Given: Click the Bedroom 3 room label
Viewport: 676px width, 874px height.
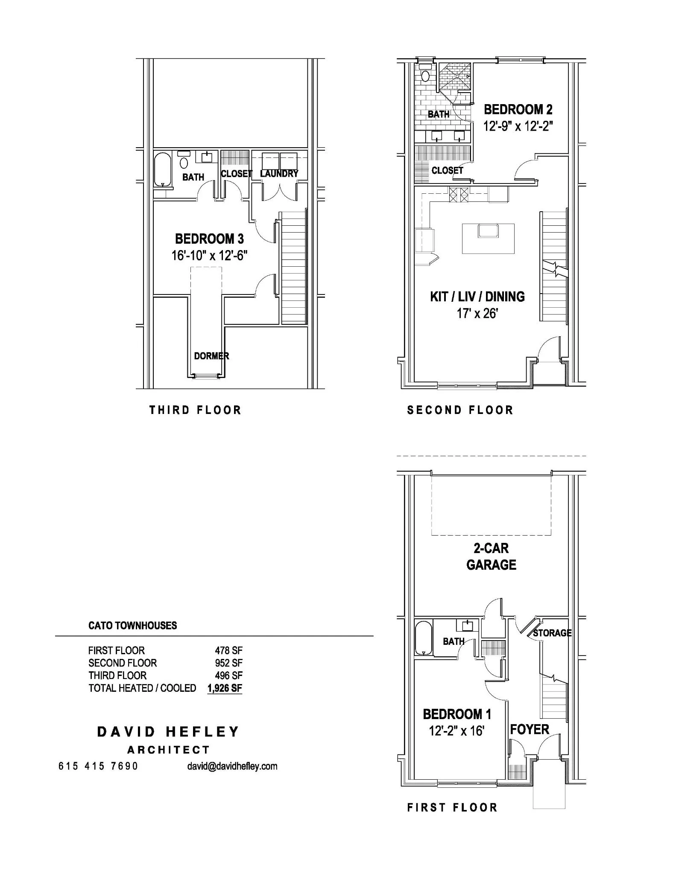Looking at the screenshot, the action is (209, 239).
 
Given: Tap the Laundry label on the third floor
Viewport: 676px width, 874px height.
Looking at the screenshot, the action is (279, 174).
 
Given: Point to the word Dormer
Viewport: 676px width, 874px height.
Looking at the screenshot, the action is (211, 355).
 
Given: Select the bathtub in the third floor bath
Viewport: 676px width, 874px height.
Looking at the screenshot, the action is (162, 169).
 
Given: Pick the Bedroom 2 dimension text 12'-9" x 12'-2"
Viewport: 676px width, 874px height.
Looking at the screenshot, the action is (518, 126).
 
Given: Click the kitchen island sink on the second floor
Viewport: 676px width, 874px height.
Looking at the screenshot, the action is (488, 230).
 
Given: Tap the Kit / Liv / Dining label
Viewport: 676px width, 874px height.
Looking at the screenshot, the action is (477, 297).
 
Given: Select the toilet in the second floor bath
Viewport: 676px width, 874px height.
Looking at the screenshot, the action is (425, 74).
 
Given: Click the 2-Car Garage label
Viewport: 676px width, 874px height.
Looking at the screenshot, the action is (491, 556).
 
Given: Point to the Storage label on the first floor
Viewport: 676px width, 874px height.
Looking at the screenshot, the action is (552, 633).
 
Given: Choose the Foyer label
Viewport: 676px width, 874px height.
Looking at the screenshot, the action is (530, 729).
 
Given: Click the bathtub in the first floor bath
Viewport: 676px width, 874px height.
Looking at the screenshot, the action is (424, 638).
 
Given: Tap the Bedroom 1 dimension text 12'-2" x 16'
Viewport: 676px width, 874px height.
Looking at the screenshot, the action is (456, 731).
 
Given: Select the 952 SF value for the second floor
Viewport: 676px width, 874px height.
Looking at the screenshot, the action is (228, 663).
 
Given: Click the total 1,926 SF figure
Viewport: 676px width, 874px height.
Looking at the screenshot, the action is (225, 688).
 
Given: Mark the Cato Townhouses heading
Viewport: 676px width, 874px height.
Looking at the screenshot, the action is (132, 626).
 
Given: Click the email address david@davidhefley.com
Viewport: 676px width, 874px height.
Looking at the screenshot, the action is (232, 766).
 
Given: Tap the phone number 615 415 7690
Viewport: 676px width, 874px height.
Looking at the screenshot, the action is (98, 766).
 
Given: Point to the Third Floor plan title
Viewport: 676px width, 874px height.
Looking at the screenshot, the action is (195, 410).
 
